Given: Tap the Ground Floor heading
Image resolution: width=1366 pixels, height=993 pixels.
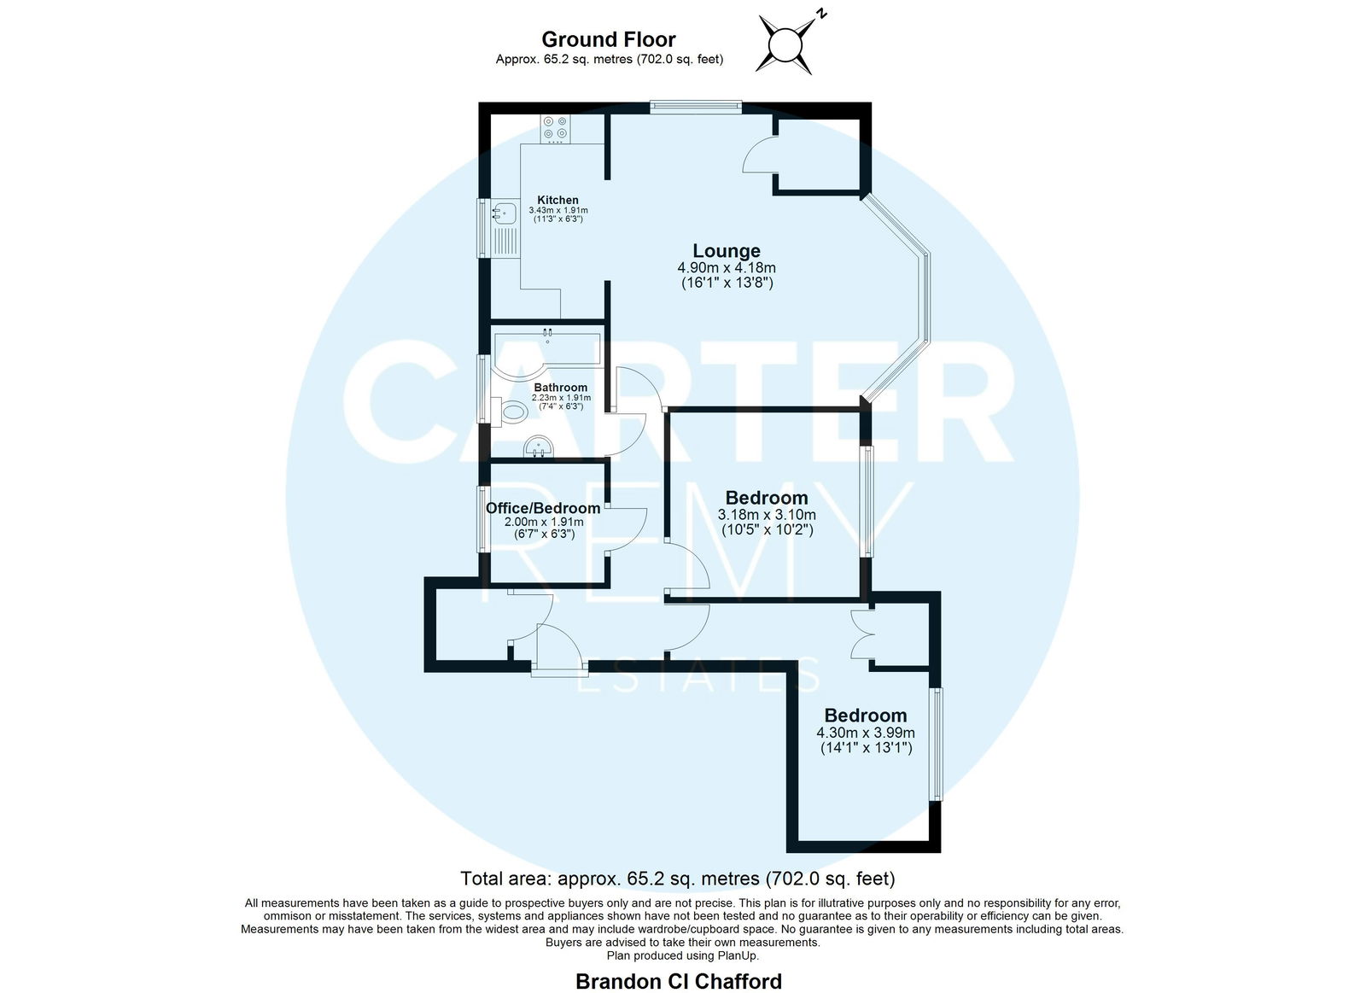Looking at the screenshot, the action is (x=609, y=39).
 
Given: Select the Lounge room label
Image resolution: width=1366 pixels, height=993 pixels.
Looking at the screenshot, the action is (x=727, y=251).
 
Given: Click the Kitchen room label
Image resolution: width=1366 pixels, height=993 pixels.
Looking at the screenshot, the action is (x=557, y=200).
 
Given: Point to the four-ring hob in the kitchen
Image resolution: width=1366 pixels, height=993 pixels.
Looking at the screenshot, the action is (x=555, y=129).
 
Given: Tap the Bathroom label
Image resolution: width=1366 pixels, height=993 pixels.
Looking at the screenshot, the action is (x=560, y=388).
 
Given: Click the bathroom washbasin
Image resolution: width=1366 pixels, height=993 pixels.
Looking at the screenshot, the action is (x=539, y=447).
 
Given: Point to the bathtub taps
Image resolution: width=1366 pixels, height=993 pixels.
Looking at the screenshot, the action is (x=547, y=334).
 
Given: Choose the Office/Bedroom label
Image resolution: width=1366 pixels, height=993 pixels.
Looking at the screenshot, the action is (x=543, y=508).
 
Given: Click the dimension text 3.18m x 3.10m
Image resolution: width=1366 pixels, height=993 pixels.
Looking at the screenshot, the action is (x=767, y=516).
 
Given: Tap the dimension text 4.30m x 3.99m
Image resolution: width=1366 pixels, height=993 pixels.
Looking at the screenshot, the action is (x=866, y=733).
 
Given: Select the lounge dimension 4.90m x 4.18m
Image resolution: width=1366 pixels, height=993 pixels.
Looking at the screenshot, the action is (x=727, y=268).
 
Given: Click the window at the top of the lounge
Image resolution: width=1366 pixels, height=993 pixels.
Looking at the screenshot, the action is (x=696, y=108).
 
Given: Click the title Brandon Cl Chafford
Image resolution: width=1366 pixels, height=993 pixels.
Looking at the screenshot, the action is (x=679, y=981).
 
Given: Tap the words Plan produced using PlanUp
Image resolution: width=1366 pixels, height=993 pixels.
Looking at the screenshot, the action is (x=682, y=955).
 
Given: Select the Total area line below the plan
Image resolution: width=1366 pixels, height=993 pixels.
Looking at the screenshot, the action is (x=678, y=879).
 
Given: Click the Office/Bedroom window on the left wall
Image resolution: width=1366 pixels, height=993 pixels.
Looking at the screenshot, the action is (x=482, y=518).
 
